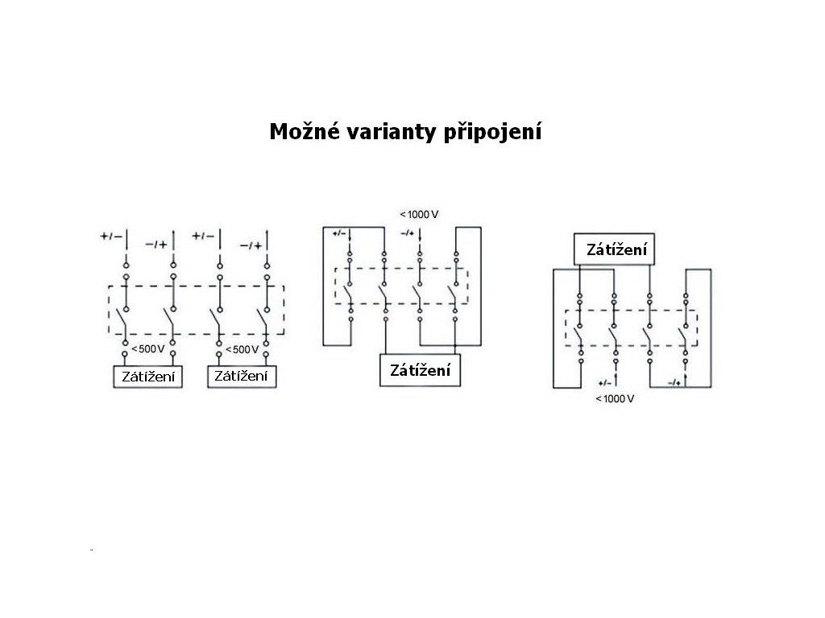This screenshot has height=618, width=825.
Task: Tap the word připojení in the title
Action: pyautogui.click(x=493, y=132)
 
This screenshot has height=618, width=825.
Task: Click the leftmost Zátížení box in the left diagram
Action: pyautogui.click(x=147, y=376)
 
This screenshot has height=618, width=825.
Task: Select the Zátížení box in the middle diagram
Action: pyautogui.click(x=420, y=370)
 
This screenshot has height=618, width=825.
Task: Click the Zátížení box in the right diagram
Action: pyautogui.click(x=616, y=250)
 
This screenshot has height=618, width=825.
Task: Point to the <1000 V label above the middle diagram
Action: pyautogui.click(x=419, y=215)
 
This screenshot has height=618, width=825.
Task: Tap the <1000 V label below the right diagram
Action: pyautogui.click(x=615, y=399)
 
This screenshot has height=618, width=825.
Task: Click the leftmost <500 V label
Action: pyautogui.click(x=147, y=349)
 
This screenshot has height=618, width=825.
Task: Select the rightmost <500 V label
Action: pyautogui.click(x=241, y=349)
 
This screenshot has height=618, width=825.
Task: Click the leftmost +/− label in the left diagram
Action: pyautogui.click(x=110, y=236)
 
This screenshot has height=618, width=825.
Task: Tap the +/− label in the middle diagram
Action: pyautogui.click(x=338, y=233)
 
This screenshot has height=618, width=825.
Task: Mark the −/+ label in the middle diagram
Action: pyautogui.click(x=406, y=233)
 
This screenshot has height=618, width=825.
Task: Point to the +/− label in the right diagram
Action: pyautogui.click(x=605, y=383)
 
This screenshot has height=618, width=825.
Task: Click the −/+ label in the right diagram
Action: pyautogui.click(x=674, y=383)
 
